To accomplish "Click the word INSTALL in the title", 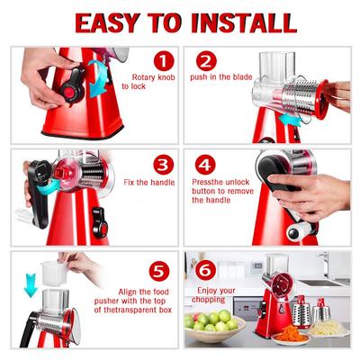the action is (244, 22).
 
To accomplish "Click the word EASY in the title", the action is (108, 22).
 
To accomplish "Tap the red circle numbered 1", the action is (164, 61).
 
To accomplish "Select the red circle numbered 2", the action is (206, 61).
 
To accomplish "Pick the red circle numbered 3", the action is (163, 165).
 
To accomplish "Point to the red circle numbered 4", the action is (205, 165).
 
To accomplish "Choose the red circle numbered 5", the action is (159, 271).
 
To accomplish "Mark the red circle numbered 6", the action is (206, 271).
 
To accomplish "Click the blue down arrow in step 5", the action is (31, 285).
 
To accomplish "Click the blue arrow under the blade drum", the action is (290, 121).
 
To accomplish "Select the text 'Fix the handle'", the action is (149, 182).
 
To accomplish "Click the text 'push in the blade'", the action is (221, 76).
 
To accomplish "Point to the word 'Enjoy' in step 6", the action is (208, 291).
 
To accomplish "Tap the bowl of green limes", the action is (214, 326).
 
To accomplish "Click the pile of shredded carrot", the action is (291, 333).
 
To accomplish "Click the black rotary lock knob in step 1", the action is (73, 87).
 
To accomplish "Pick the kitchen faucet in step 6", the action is (325, 264).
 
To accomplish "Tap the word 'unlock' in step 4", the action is (237, 182).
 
